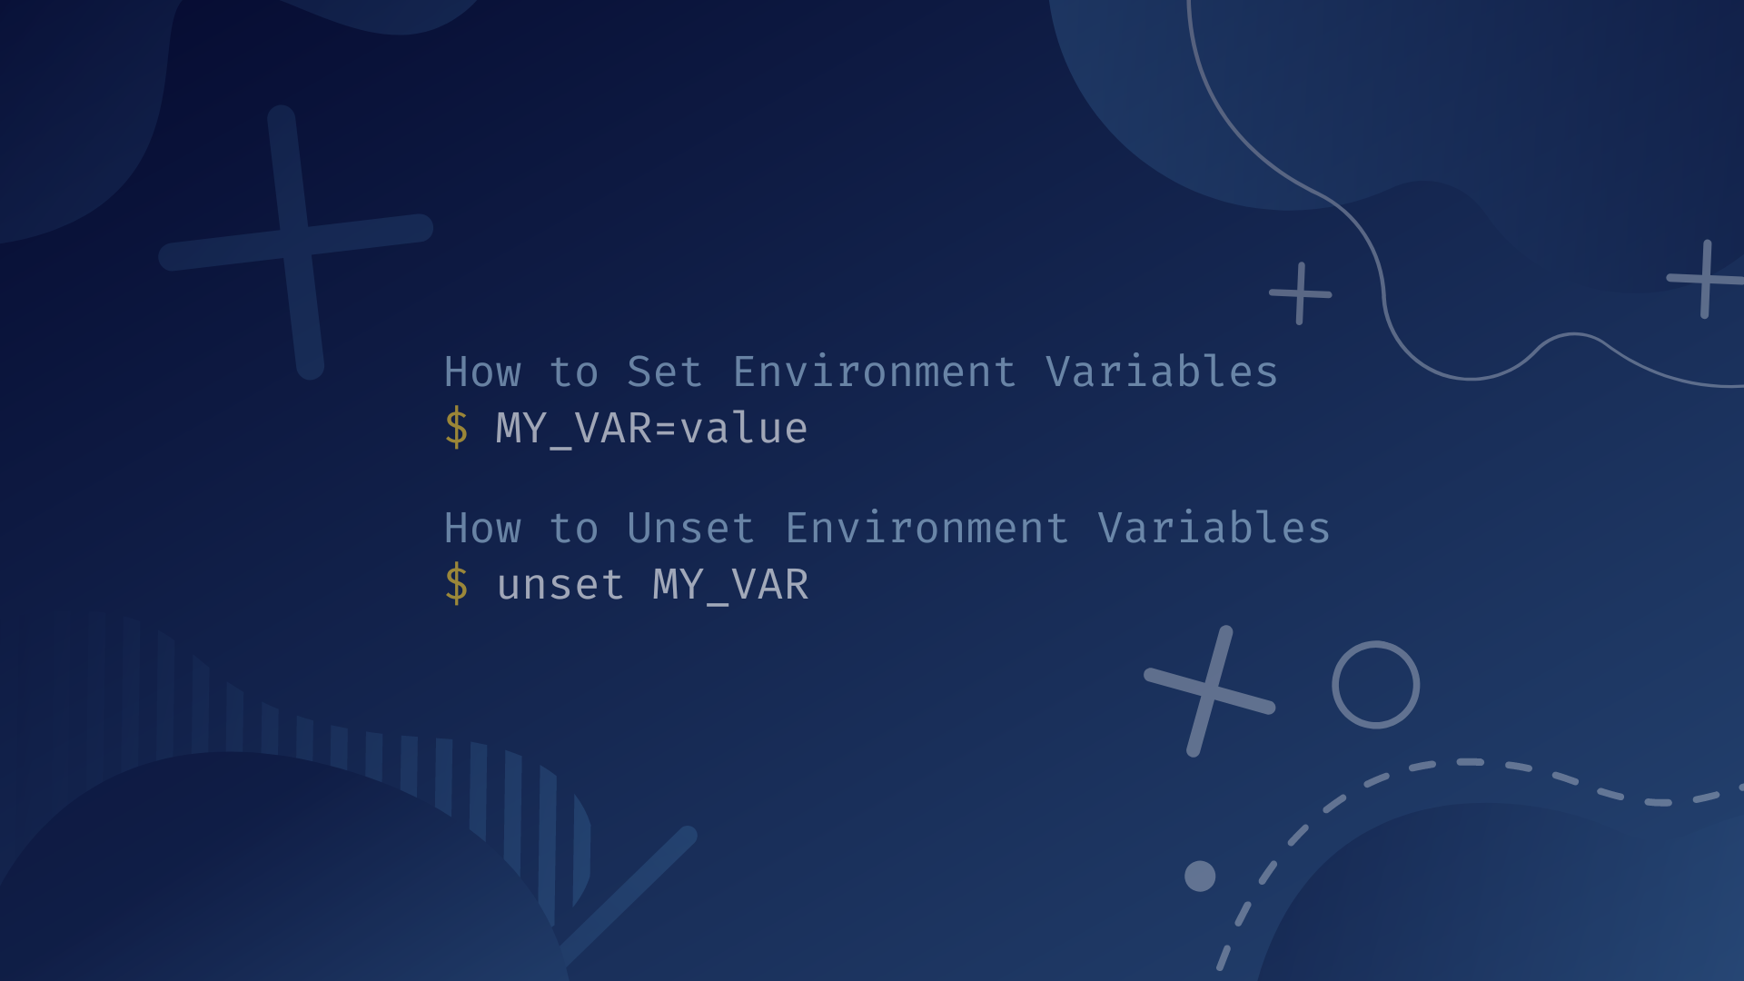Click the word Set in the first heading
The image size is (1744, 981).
pos(664,372)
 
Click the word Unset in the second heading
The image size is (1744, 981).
pos(690,529)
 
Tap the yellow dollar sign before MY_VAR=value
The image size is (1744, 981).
pos(456,428)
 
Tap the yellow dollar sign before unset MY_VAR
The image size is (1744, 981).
pos(456,584)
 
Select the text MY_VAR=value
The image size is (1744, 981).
pos(651,428)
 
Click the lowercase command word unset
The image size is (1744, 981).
pos(560,584)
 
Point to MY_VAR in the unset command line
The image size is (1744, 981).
pos(730,584)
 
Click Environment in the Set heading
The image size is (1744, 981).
pos(874,372)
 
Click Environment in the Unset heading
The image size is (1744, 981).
pos(926,529)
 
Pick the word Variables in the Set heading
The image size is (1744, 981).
pos(1162,372)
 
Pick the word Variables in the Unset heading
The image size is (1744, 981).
pos(1214,529)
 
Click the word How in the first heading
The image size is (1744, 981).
pos(482,372)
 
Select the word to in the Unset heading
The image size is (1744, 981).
pos(574,529)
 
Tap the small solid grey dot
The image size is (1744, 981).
pos(1200,876)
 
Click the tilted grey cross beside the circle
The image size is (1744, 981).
pos(1210,691)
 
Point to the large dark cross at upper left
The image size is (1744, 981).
pos(296,242)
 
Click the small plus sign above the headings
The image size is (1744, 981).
pos(1301,293)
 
